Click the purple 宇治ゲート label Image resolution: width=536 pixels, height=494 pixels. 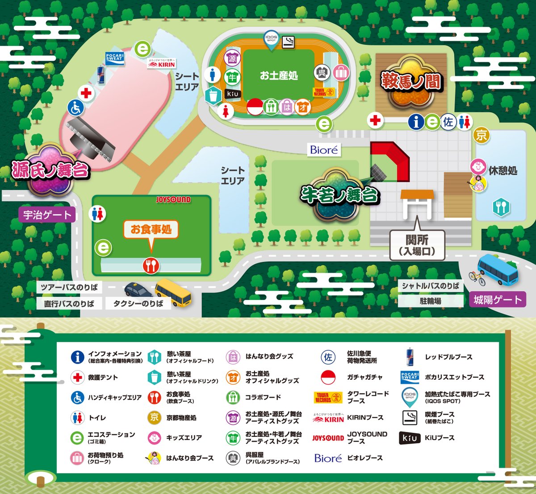(47, 215)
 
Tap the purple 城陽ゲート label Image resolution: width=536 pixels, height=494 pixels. (497, 299)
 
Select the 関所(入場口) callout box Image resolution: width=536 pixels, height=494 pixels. (417, 245)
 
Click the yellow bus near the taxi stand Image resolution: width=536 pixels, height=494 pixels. (173, 293)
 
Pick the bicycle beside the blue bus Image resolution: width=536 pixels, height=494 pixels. (477, 278)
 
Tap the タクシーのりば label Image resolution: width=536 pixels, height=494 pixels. (138, 303)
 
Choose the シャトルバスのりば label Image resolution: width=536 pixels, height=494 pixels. (430, 286)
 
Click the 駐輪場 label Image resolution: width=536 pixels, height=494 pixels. (430, 301)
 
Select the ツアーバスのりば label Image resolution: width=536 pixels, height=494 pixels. (69, 287)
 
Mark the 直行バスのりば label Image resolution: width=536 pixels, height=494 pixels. (69, 303)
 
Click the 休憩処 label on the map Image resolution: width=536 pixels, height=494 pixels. (503, 170)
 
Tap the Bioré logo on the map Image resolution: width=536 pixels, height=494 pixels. (324, 150)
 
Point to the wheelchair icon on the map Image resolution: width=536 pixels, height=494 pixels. (75, 108)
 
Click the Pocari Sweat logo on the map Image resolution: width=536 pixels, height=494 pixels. (114, 57)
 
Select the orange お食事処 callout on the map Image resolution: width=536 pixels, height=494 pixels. (151, 230)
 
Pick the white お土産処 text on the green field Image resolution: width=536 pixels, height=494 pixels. (279, 75)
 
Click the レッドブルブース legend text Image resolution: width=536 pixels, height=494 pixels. (448, 357)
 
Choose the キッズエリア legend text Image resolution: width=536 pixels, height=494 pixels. (184, 438)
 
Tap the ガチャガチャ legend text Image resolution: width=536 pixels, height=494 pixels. (364, 377)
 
